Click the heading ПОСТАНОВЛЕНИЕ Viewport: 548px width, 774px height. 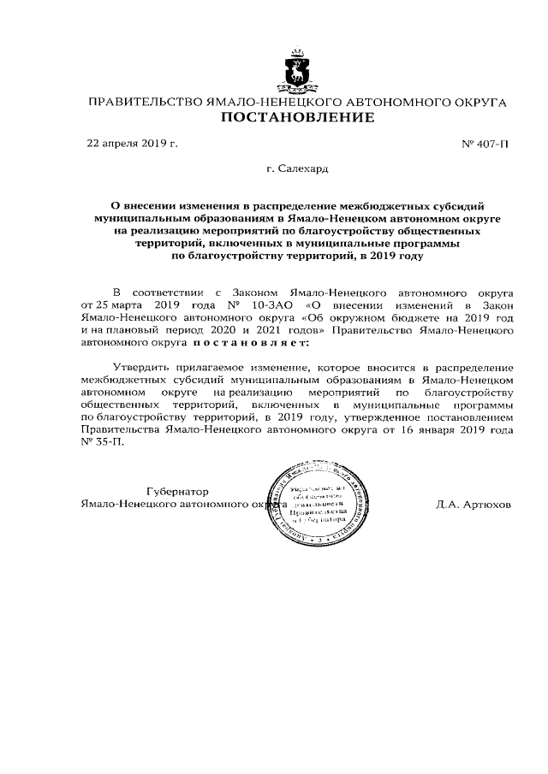[297, 118]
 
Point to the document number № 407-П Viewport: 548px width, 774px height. [485, 144]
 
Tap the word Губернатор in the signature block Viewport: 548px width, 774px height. [177, 491]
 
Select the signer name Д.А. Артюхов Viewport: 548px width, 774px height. [473, 505]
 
